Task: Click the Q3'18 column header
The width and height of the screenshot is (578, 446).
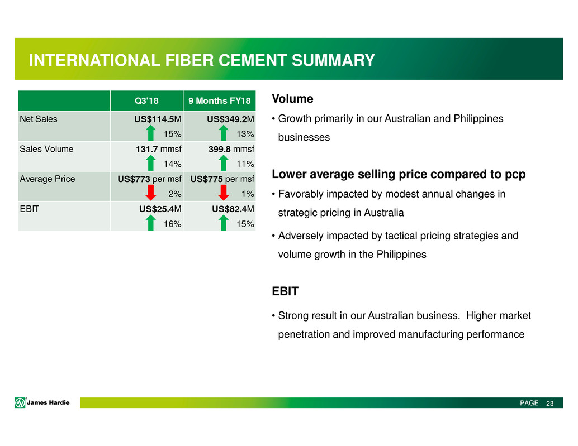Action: [146, 101]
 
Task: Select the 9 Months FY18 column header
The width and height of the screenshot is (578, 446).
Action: [219, 101]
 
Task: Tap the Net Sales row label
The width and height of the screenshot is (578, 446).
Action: [39, 119]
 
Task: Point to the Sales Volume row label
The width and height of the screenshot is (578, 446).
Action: [46, 149]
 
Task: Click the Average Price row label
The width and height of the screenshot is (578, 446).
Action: [47, 179]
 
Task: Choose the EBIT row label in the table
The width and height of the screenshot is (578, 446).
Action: [29, 209]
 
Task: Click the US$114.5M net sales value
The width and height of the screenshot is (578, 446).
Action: [158, 119]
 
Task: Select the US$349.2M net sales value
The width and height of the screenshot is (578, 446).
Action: [230, 119]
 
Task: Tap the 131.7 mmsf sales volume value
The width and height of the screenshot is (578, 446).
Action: [159, 149]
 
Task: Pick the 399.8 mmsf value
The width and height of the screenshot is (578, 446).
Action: [231, 149]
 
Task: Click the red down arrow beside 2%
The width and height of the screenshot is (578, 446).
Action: [150, 193]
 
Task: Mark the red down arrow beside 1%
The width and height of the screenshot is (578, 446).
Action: [224, 193]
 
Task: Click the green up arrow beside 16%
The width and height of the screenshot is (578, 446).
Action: [150, 223]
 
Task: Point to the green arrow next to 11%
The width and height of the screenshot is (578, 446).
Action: [224, 162]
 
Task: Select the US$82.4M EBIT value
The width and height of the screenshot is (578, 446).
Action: [233, 209]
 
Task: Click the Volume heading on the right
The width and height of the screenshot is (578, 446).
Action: [293, 99]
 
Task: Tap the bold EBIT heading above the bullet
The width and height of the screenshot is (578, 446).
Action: [285, 291]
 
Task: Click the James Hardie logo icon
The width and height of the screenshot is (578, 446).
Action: [20, 402]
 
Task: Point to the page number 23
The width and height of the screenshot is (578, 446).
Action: [549, 404]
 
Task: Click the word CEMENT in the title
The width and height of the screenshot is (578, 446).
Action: [252, 60]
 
